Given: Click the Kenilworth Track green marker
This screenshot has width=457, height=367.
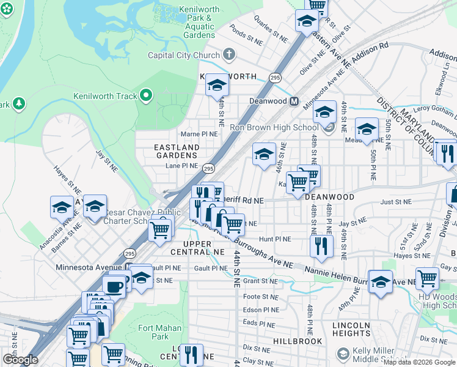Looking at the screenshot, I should (x=145, y=95).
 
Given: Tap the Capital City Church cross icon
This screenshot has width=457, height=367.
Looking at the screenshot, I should (x=229, y=55).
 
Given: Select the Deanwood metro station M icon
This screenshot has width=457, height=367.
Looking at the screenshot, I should (x=294, y=101).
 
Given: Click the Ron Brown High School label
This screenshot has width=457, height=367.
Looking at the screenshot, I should (x=274, y=127).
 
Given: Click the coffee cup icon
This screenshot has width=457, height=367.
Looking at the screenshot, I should (x=114, y=286).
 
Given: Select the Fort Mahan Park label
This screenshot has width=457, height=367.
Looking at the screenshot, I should (x=160, y=332).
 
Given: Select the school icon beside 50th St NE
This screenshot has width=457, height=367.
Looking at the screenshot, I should (x=367, y=129).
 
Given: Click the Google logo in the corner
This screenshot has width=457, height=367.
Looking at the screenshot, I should (x=20, y=360).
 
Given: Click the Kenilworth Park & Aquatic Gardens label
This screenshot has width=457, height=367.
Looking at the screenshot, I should (x=196, y=23).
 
